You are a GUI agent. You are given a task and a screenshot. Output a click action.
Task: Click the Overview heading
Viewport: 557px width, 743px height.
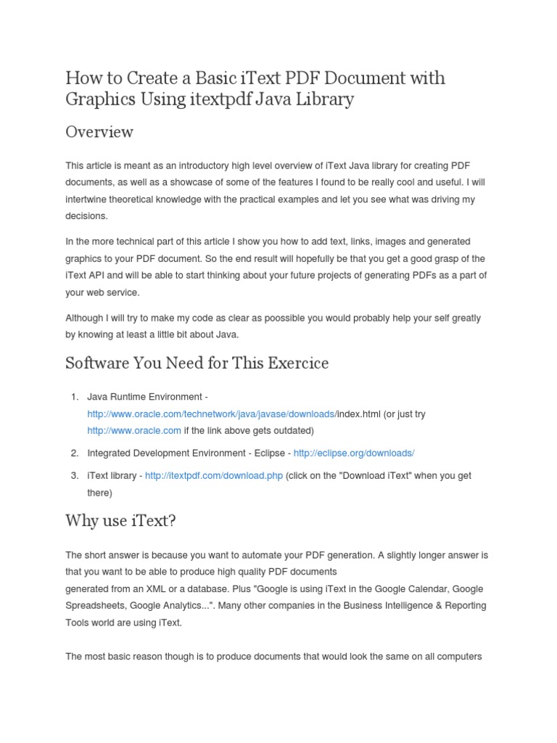coord(99,132)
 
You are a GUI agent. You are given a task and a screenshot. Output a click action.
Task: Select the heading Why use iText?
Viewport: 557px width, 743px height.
coord(120,520)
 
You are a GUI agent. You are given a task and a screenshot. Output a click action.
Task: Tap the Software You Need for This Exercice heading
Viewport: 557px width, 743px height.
coord(197,363)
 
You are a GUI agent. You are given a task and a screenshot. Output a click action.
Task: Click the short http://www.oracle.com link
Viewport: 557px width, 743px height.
coord(134,430)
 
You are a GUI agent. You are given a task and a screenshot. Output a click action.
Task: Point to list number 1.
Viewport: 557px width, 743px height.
coord(74,397)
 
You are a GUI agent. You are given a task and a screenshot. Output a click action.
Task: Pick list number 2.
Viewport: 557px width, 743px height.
coord(74,453)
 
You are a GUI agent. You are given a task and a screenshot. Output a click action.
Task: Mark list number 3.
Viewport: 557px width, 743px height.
coord(74,476)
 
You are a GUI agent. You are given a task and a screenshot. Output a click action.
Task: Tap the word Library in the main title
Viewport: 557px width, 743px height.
coord(323,99)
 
